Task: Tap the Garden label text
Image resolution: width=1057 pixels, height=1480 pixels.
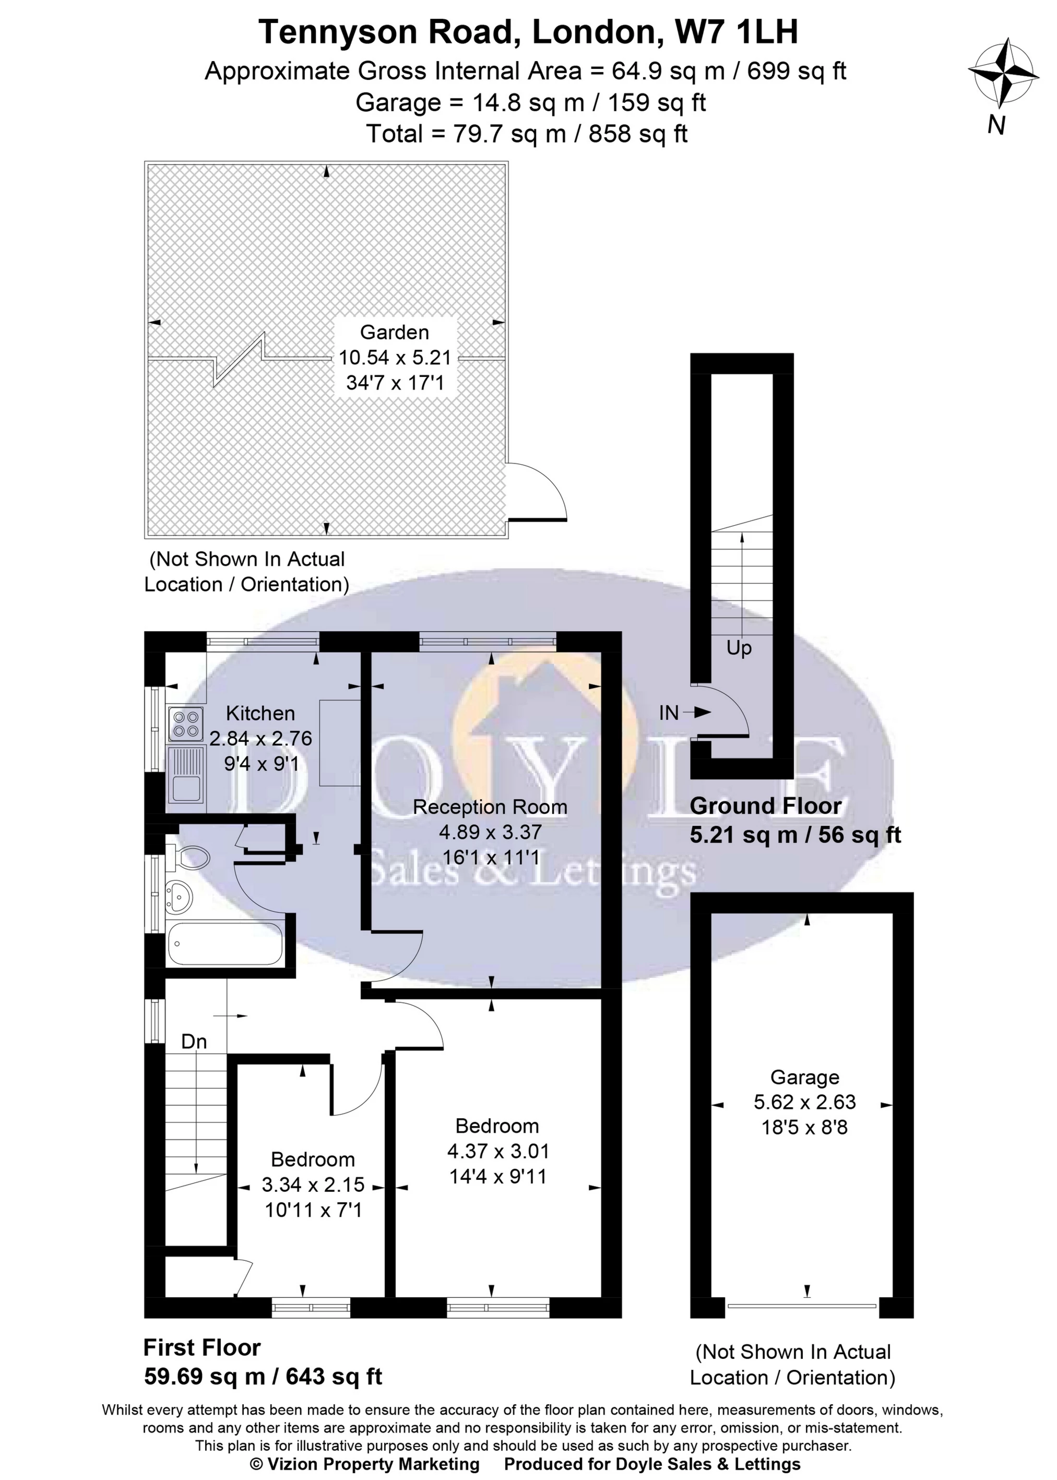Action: [395, 333]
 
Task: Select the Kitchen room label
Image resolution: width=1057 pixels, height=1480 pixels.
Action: [260, 713]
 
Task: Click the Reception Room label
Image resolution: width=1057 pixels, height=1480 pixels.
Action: [490, 807]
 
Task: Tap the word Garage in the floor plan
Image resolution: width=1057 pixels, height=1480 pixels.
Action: [804, 1078]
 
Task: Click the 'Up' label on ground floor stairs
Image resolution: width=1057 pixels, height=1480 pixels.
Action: [739, 648]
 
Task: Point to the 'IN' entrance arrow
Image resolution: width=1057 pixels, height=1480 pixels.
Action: [683, 713]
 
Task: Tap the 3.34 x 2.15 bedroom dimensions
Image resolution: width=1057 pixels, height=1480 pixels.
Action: [313, 1185]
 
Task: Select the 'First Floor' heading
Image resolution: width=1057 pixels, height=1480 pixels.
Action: [202, 1347]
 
